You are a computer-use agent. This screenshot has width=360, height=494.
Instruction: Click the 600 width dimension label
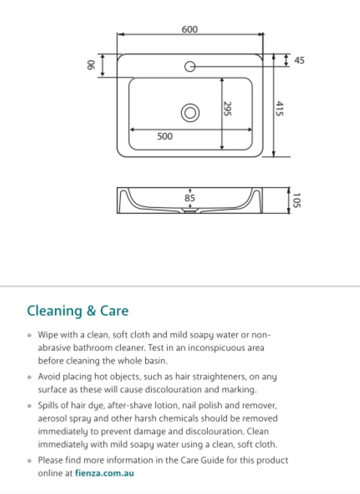[x=190, y=29]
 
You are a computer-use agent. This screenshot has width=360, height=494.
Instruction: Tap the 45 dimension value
[x=299, y=60]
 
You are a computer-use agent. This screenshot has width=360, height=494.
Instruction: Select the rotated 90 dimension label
[x=91, y=65]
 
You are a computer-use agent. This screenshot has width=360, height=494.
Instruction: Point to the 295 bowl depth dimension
[x=227, y=109]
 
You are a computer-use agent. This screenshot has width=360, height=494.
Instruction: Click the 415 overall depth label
[x=279, y=109]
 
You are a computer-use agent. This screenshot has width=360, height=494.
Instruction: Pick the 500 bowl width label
[x=165, y=136]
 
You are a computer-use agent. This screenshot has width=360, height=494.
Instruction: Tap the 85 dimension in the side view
[x=190, y=198]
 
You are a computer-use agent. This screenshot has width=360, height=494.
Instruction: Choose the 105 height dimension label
[x=297, y=200]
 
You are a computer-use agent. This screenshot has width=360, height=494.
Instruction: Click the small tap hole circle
[x=190, y=66]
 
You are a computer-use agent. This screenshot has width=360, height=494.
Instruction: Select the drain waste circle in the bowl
[x=190, y=113]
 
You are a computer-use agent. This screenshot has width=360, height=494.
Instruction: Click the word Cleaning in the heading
[x=55, y=311]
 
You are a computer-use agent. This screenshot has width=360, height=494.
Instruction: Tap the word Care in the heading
[x=114, y=311]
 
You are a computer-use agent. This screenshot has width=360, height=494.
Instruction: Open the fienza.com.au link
[x=104, y=473]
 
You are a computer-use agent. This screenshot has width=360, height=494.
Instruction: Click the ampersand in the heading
[x=91, y=311]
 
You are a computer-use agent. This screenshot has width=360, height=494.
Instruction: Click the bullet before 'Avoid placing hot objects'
[x=29, y=377]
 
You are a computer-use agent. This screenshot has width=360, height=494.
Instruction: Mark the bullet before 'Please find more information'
[x=29, y=461]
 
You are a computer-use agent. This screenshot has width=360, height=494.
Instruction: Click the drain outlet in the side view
[x=190, y=212]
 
